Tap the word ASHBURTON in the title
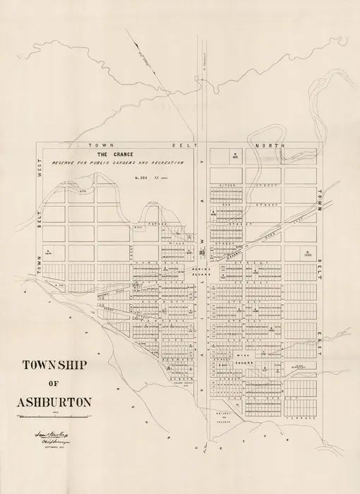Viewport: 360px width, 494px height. coord(54,403)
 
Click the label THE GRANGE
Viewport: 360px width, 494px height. coord(112,154)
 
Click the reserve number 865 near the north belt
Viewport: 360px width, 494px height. coord(235,155)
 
